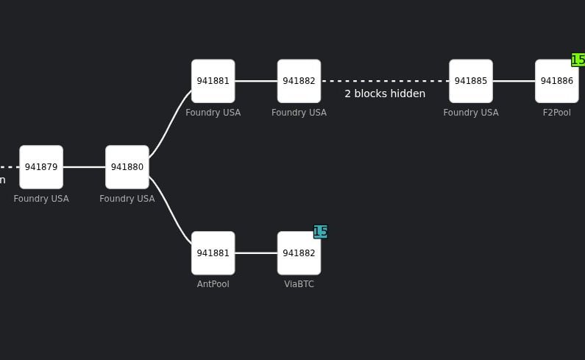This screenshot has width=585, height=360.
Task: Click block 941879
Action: point(41,167)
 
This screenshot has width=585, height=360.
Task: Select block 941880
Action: point(127,167)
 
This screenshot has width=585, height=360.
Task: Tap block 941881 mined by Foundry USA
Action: point(213,81)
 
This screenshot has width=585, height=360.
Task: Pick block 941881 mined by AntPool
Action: point(213,253)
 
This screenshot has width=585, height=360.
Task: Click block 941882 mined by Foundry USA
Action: point(299,81)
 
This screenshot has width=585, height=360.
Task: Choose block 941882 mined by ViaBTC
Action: point(299,253)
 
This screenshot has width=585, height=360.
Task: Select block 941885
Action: point(471,81)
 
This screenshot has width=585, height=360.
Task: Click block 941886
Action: point(556,81)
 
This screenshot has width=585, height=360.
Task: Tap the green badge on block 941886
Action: point(578,60)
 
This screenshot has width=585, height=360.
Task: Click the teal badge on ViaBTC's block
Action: point(320,232)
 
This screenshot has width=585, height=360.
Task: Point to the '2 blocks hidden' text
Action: point(385,93)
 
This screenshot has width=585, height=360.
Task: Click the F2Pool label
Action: point(556,113)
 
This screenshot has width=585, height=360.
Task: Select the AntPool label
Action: point(213,284)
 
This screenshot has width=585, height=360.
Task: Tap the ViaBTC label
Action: point(299,284)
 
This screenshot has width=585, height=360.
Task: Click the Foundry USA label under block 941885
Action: point(471,113)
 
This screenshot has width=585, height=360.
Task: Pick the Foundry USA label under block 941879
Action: point(41,199)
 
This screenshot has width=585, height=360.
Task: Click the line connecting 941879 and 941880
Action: point(84,167)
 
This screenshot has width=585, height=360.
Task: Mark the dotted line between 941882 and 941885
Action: point(385,81)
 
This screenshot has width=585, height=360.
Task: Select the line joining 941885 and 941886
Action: point(514,81)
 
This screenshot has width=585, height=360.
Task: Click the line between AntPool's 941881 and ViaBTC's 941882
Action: point(256,253)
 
